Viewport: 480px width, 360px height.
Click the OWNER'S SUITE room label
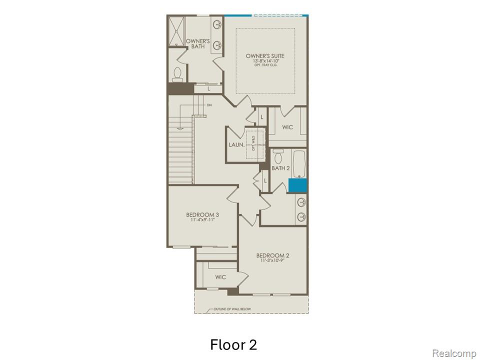point(265,56)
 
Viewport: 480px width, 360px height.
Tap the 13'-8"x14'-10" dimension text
point(265,61)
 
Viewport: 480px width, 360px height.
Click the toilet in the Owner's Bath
point(177,75)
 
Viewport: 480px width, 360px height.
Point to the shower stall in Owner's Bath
point(176,31)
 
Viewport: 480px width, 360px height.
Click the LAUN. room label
point(236,145)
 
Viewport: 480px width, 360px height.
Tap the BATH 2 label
point(280,168)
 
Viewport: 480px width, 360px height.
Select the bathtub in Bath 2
point(299,164)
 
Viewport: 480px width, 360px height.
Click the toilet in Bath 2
point(278,153)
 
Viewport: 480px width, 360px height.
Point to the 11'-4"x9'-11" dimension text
point(202,220)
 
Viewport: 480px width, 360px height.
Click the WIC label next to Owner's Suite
point(287,127)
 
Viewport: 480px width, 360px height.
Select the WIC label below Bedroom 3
point(220,277)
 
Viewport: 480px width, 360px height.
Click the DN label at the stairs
point(209,105)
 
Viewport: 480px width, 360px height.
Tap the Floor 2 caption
point(233,345)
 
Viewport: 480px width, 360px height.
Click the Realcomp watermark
point(454,353)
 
